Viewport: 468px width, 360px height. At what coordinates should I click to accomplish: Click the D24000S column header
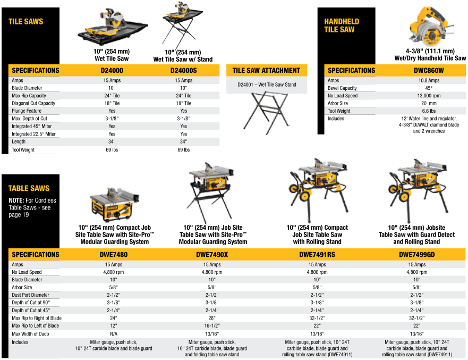pyautogui.click(x=183, y=70)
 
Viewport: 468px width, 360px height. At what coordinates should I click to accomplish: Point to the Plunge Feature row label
pyautogui.click(x=27, y=111)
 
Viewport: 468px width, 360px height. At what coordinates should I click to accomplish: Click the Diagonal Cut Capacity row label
pyautogui.click(x=33, y=103)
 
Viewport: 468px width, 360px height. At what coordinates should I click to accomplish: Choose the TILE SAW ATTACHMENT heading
pyautogui.click(x=266, y=70)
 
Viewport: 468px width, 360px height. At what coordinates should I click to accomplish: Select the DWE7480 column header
pyautogui.click(x=113, y=254)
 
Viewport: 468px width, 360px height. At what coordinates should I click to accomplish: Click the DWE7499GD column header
pyautogui.click(x=416, y=254)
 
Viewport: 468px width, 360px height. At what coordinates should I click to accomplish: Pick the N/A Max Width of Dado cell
pyautogui.click(x=113, y=333)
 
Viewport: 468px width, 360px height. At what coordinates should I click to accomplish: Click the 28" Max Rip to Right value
pyautogui.click(x=212, y=318)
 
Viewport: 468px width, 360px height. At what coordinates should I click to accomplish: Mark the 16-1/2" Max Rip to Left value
pyautogui.click(x=212, y=325)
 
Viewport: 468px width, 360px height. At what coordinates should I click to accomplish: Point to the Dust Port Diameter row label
pyautogui.click(x=31, y=295)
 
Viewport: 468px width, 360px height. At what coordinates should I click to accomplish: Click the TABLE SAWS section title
pyautogui.click(x=29, y=188)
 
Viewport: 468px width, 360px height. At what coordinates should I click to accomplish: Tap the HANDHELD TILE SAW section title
pyautogui.click(x=342, y=26)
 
